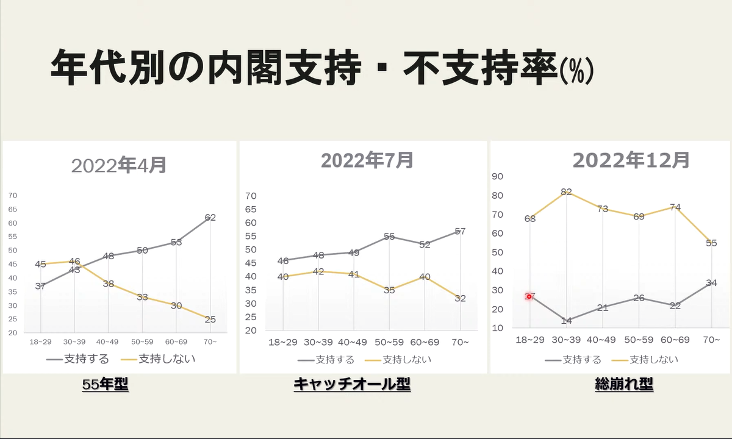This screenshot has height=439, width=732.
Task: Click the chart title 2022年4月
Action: pos(119,165)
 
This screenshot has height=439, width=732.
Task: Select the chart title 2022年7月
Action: pos(367,160)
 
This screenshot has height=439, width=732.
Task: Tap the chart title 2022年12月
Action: pos(631,160)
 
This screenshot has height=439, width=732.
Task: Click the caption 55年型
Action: pos(106,385)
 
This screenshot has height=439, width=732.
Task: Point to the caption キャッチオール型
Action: pos(352,385)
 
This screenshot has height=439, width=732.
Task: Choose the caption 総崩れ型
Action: pos(624,385)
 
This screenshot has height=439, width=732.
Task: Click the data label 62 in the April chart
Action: pos(210,217)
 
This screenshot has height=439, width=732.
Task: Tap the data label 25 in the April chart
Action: pos(210,319)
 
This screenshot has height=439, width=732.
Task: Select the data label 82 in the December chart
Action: pos(566,191)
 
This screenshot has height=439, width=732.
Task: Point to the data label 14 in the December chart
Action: pos(566,321)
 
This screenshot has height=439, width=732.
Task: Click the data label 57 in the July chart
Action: pos(460,231)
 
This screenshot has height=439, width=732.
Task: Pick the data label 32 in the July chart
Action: pos(460,298)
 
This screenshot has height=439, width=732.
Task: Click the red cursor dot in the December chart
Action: pos(529,296)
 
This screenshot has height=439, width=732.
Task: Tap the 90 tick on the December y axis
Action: pos(497,176)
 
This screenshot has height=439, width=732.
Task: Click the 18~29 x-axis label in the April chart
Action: pos(40,342)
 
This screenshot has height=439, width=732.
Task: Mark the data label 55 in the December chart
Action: pos(711,243)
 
